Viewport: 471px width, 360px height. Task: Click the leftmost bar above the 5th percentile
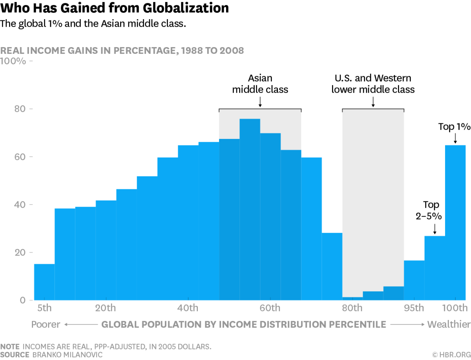pyautogui.click(x=44, y=282)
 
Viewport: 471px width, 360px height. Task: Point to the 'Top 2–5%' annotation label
pyautogui.click(x=431, y=210)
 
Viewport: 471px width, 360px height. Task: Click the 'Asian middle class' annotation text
pyautogui.click(x=260, y=84)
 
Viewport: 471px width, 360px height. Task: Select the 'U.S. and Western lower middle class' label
pyautogui.click(x=373, y=84)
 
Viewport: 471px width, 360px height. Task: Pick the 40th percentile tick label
pyautogui.click(x=188, y=307)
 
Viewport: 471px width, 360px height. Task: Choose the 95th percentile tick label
pyautogui.click(x=414, y=307)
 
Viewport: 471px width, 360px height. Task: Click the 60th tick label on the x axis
pyautogui.click(x=270, y=307)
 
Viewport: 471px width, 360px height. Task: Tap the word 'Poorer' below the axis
pyautogui.click(x=46, y=324)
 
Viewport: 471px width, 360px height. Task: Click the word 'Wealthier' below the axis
pyautogui.click(x=449, y=324)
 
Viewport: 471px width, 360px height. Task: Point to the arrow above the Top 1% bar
pyautogui.click(x=455, y=139)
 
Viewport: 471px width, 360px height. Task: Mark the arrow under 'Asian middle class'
pyautogui.click(x=260, y=102)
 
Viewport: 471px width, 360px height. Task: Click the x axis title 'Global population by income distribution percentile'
pyautogui.click(x=244, y=324)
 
